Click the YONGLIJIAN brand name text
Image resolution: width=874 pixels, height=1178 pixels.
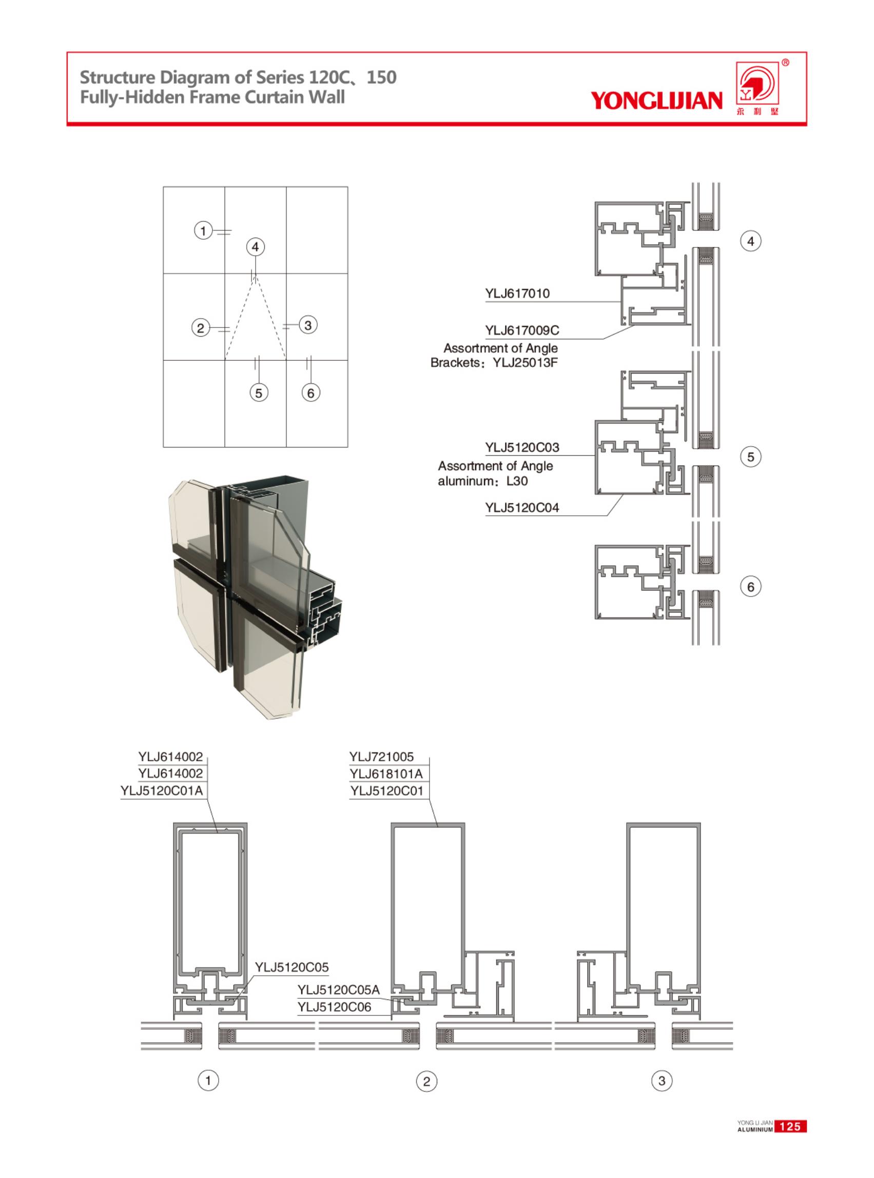pyautogui.click(x=656, y=100)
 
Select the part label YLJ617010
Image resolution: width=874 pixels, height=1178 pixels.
pyautogui.click(x=517, y=293)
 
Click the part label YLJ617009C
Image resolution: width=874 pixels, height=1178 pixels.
pyautogui.click(x=521, y=330)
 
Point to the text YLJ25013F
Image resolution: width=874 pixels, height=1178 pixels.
pyautogui.click(x=525, y=363)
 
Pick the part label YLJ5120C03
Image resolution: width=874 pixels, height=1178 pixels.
pyautogui.click(x=521, y=447)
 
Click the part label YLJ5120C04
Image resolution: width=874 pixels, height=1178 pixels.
pyautogui.click(x=521, y=508)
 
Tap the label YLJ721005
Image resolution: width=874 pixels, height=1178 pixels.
pyautogui.click(x=381, y=757)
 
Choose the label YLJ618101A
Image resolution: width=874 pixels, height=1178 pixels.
pyautogui.click(x=386, y=774)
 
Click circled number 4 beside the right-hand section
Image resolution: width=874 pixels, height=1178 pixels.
pyautogui.click(x=750, y=242)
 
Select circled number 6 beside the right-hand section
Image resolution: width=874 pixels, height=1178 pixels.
pyautogui.click(x=750, y=586)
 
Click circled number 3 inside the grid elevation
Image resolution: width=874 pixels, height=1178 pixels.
pyautogui.click(x=308, y=324)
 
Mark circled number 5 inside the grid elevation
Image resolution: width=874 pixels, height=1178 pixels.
pyautogui.click(x=258, y=393)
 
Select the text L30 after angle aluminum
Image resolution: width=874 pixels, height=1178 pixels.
pyautogui.click(x=516, y=481)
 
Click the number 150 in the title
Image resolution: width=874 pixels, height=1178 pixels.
pyautogui.click(x=381, y=78)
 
